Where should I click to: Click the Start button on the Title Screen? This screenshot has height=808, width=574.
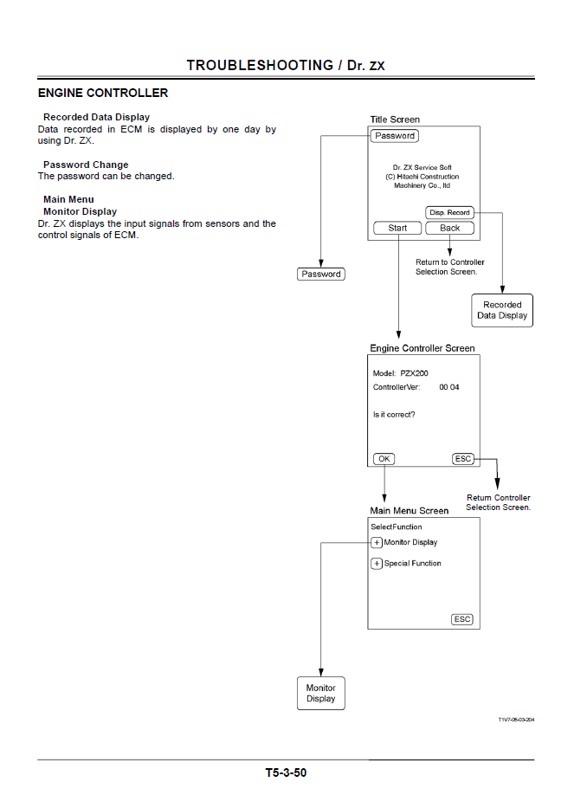pos(397,229)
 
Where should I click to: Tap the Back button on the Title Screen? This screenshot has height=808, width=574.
pos(450,229)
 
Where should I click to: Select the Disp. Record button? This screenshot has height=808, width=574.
pos(450,212)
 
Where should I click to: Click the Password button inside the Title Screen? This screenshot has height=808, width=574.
pos(395,136)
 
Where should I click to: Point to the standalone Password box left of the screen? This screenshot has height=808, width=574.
pos(321,274)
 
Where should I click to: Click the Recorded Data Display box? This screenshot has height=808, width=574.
pos(502,310)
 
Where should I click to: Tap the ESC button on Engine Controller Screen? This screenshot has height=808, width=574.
pos(463,459)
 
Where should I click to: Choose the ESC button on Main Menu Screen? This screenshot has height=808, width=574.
pos(462,619)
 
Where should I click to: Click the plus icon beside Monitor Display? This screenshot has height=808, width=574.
pos(377,543)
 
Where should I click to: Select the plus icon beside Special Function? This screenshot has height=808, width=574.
pos(377,564)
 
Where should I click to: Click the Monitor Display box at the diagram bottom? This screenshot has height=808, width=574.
pos(320,693)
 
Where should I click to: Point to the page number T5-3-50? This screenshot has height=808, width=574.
pos(286,772)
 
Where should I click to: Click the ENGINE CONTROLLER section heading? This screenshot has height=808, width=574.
pos(103,93)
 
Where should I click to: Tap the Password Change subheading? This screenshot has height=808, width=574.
pos(86,165)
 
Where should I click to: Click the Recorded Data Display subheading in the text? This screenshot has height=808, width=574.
pos(96,117)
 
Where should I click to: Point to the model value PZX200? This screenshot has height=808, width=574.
pos(415,372)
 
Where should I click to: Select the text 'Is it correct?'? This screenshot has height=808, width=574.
pos(394,414)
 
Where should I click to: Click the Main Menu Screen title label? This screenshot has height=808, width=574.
pos(410,511)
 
